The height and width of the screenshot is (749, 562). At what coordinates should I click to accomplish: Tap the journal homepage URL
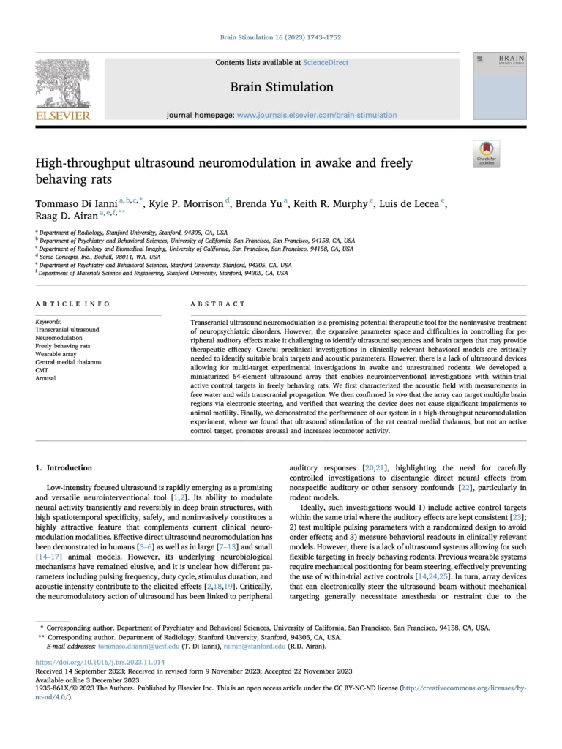pos(317,115)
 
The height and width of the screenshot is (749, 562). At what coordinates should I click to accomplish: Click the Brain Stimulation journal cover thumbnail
pos(500,85)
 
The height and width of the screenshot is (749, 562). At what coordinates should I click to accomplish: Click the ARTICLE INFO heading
pos(72,304)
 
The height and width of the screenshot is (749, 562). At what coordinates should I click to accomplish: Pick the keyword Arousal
pos(47,378)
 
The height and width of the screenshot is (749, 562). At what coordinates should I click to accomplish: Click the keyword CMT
pos(43,370)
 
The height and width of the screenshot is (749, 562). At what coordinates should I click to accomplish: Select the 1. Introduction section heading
pos(65,467)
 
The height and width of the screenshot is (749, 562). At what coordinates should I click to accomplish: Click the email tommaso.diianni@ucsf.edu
pos(117,647)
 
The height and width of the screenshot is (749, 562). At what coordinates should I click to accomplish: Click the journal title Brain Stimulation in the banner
pos(282,87)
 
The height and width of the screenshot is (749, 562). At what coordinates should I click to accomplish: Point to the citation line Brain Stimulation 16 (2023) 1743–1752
pos(281,37)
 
